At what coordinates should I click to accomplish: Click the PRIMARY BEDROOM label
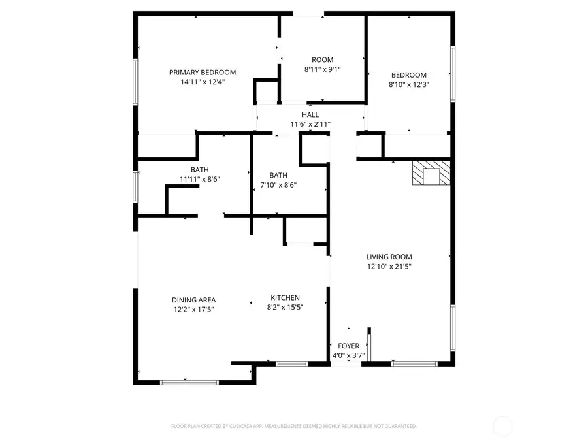203,73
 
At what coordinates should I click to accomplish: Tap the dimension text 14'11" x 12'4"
203,82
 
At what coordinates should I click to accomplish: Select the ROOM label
322,60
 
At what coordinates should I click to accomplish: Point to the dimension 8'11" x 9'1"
322,69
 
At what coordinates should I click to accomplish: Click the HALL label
310,115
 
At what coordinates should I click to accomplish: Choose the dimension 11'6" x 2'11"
310,124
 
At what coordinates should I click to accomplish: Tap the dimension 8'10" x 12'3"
409,84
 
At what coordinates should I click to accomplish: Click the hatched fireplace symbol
431,174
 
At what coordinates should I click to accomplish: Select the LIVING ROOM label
389,257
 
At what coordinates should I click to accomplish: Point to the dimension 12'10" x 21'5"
389,267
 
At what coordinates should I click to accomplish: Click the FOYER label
348,346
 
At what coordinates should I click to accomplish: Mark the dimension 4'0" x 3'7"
348,355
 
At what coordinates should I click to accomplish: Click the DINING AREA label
194,301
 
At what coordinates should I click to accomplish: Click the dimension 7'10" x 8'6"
278,185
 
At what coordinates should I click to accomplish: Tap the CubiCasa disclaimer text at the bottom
293,426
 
